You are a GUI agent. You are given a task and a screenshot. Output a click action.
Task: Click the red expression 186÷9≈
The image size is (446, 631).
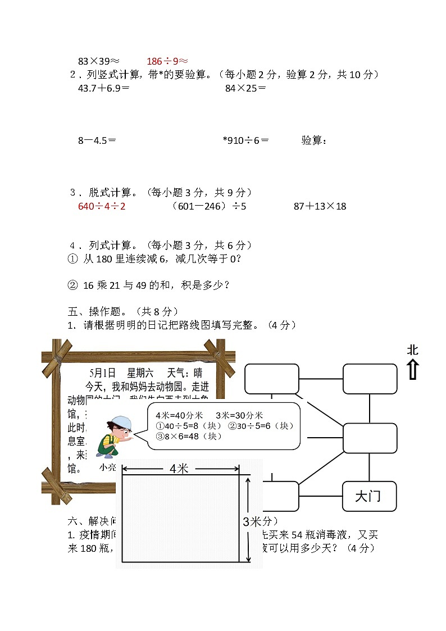(167, 61)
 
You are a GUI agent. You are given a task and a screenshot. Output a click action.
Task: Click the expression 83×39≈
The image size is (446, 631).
(99, 61)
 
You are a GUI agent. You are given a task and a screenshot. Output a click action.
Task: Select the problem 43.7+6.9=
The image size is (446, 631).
(104, 88)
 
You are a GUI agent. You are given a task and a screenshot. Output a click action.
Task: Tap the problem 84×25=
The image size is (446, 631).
(245, 88)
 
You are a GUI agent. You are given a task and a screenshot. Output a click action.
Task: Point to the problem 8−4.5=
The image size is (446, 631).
(97, 140)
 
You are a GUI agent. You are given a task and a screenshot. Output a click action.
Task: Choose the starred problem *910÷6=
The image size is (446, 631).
(245, 140)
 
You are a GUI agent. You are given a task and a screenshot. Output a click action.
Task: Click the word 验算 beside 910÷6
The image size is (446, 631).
(312, 140)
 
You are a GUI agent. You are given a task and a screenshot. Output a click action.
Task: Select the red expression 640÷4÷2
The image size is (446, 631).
(102, 206)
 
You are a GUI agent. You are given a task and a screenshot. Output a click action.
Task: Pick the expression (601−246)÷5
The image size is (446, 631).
(208, 206)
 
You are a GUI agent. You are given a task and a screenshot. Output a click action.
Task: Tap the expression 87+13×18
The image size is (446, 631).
(320, 206)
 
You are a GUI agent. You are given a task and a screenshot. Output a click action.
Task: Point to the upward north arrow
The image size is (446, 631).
(413, 369)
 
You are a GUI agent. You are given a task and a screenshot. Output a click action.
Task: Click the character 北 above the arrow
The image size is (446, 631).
(413, 350)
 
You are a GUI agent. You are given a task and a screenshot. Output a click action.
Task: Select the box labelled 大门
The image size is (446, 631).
(369, 496)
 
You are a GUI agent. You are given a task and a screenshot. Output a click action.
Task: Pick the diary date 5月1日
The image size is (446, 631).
(102, 373)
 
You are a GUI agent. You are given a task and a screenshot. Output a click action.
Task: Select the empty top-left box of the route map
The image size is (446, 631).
(272, 379)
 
